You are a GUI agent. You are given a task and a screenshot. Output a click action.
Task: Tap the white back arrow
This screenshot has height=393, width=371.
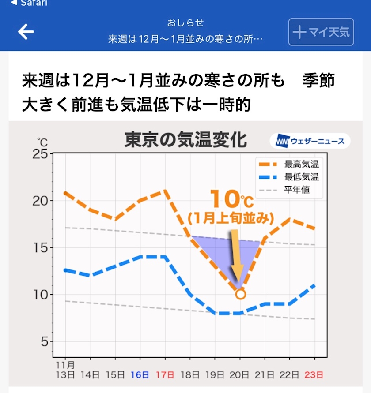26,32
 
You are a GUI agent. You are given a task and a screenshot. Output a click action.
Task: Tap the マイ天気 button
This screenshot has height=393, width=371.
321,32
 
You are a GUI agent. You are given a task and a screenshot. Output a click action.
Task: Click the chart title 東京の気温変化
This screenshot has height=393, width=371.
185,140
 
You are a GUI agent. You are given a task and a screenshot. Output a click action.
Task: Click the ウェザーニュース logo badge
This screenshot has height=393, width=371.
310,141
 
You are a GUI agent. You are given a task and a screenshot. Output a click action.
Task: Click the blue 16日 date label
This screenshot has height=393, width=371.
140,375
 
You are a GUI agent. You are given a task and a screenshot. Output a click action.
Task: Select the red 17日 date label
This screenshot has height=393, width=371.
165,375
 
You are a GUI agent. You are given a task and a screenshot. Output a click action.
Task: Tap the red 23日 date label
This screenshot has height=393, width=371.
314,375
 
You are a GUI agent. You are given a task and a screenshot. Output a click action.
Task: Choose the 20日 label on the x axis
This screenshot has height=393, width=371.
240,375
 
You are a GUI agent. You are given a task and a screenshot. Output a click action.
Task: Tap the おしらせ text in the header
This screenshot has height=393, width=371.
185,22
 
